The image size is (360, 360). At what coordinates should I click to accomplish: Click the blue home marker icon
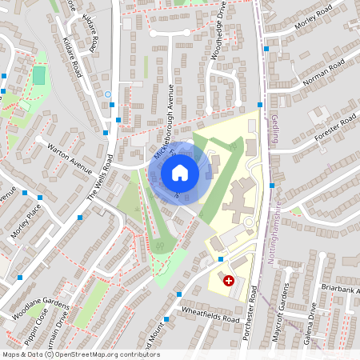pos(180,172)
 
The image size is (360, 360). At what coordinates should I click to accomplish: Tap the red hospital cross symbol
pos(229,281)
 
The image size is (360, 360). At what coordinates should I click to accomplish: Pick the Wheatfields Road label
pos(210,314)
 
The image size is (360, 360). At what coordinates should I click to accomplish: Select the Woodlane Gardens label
pos(41,309)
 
